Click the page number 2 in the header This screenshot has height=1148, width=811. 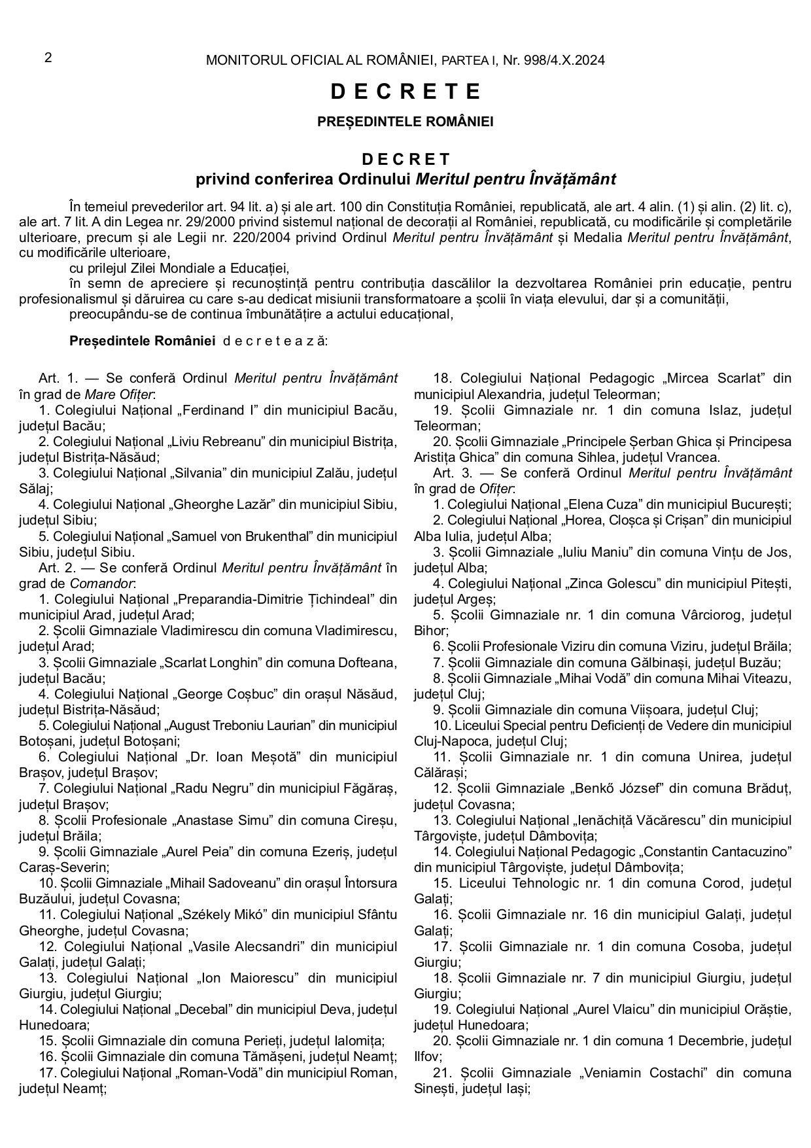48,58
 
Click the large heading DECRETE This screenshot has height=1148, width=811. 405,92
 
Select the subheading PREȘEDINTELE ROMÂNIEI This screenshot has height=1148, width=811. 405,122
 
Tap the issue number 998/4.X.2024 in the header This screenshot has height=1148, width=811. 564,61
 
